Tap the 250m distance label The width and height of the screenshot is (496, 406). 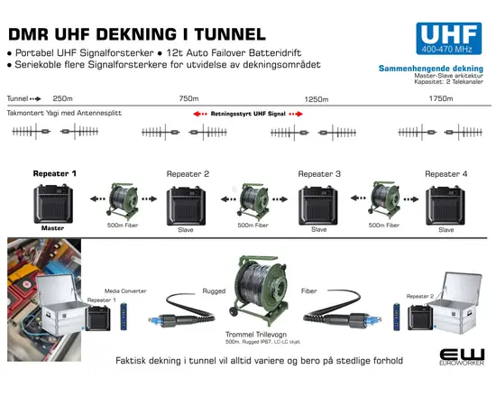coord(63,97)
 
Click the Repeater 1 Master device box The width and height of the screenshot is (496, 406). coord(55,207)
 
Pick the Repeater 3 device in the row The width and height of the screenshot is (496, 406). coord(319,206)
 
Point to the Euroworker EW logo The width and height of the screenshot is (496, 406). coord(464,358)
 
